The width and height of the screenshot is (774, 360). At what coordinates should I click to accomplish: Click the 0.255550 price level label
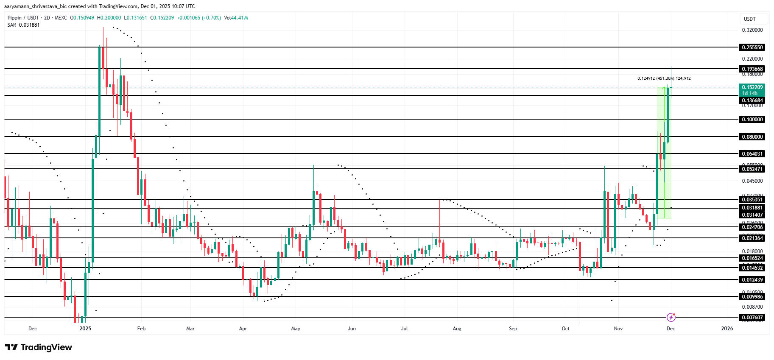(752, 47)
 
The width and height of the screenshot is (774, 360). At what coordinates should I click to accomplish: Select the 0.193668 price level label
(752, 69)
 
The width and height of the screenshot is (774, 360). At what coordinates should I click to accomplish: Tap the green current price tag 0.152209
(752, 87)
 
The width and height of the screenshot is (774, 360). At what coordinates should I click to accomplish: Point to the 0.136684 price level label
(752, 100)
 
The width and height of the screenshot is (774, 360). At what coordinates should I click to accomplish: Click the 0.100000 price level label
(752, 120)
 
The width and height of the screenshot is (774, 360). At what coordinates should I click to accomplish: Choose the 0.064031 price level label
(752, 154)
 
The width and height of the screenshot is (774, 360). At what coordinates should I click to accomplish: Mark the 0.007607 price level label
(752, 318)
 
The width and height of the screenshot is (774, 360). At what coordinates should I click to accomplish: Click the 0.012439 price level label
(752, 280)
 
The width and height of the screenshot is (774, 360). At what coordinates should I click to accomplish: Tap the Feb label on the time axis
(141, 329)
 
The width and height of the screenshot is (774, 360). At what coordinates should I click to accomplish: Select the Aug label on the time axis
(457, 329)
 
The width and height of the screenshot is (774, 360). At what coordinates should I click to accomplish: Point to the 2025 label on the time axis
(85, 329)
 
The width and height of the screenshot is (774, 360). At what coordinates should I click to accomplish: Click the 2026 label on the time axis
(727, 329)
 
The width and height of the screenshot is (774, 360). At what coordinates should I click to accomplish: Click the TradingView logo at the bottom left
(39, 347)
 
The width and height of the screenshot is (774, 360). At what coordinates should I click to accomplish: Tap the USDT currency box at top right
(750, 19)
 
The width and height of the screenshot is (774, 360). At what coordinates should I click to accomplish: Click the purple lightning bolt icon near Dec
(671, 317)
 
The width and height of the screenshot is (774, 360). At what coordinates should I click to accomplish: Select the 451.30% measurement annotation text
(664, 78)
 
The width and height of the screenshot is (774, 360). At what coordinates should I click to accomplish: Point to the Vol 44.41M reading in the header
(236, 18)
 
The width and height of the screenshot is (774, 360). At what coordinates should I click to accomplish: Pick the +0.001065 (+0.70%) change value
(199, 18)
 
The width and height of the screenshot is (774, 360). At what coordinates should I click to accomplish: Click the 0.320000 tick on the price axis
(752, 30)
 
